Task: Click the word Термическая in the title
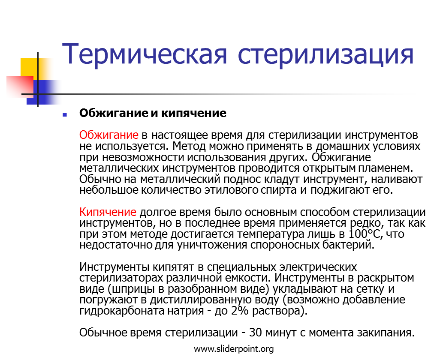pyautogui.click(x=144, y=54)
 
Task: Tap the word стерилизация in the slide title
pyautogui.click(x=325, y=54)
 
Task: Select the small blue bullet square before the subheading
pyautogui.click(x=65, y=114)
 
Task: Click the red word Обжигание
pyautogui.click(x=108, y=135)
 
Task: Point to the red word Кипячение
pyautogui.click(x=108, y=212)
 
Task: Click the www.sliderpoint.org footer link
pyautogui.click(x=234, y=349)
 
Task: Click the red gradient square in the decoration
pyautogui.click(x=20, y=87)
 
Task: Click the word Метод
pyautogui.click(x=189, y=146)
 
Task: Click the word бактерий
pyautogui.click(x=348, y=245)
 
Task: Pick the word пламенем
pyautogui.click(x=386, y=168)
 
